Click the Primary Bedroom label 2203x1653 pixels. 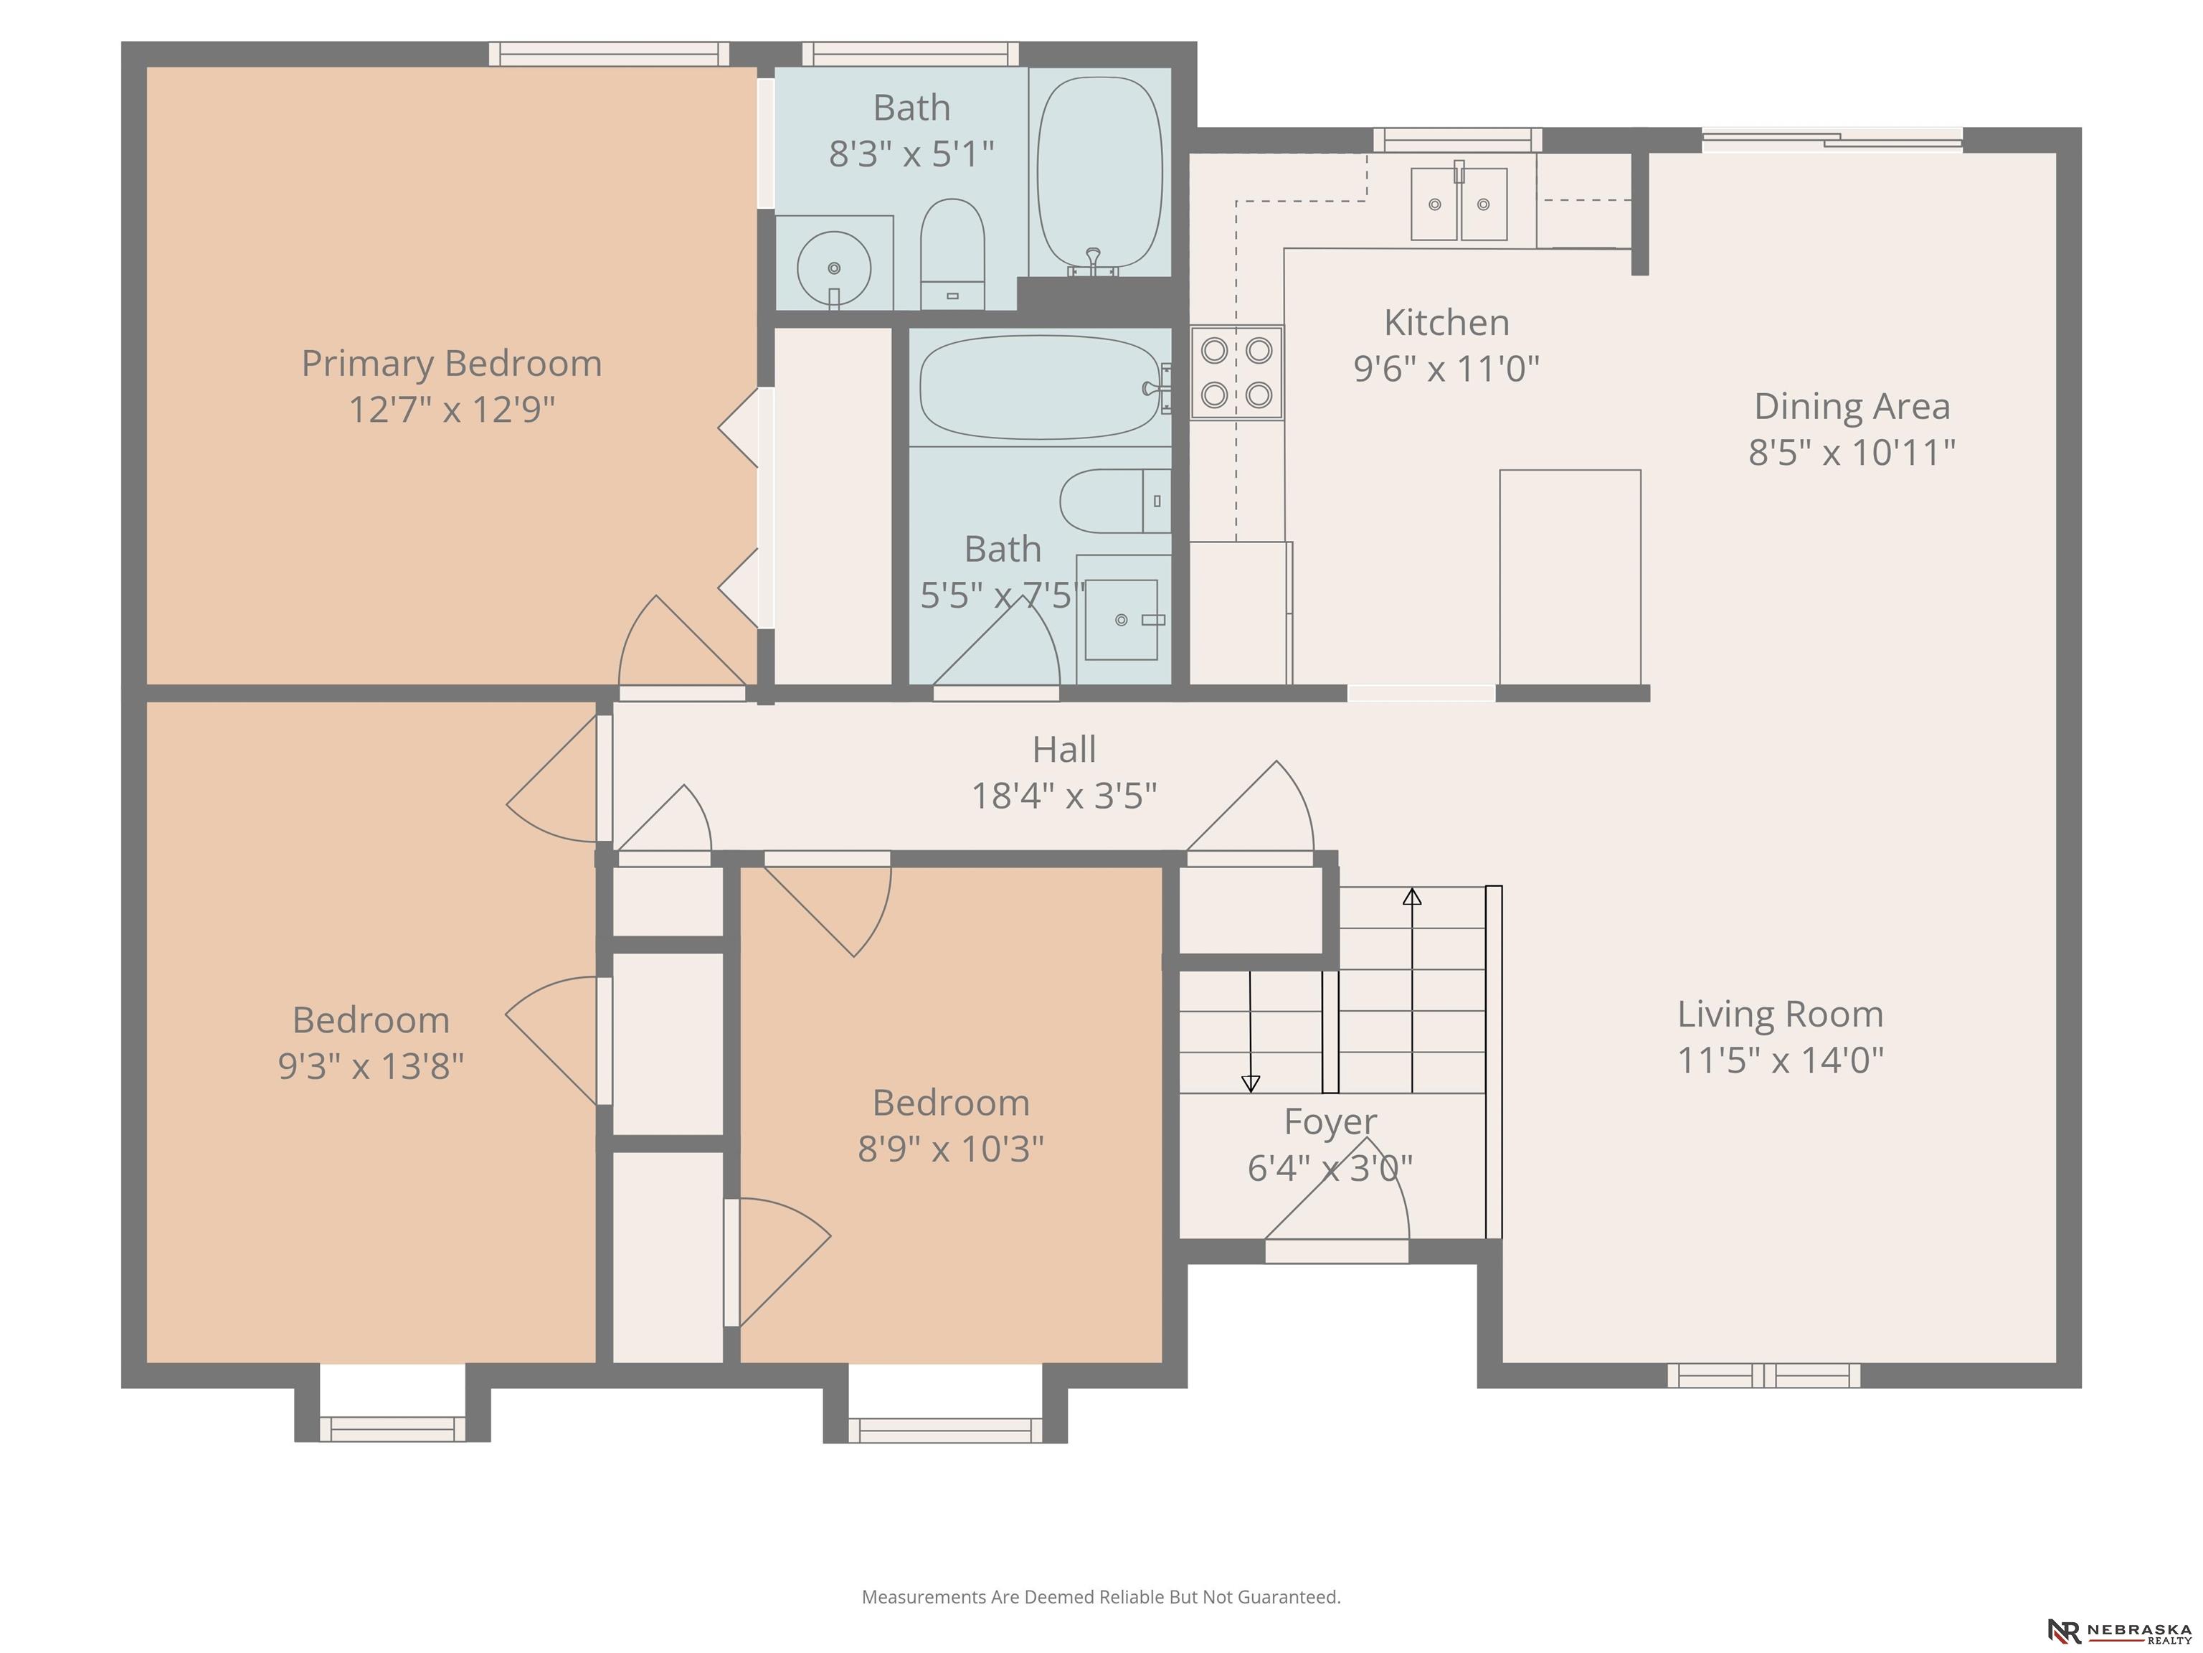[x=451, y=364]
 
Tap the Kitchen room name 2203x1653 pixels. [x=1446, y=323]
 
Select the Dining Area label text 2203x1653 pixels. [x=1852, y=407]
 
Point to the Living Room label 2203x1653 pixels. [x=1780, y=1014]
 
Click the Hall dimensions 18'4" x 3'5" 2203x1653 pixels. [x=1063, y=796]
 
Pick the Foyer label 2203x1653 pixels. [x=1330, y=1122]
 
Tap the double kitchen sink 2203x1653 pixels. [x=1459, y=203]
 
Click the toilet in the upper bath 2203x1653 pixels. [x=952, y=254]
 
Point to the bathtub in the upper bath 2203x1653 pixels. [x=1099, y=174]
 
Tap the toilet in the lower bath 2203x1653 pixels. [x=1115, y=501]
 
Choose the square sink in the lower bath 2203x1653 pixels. [x=1122, y=620]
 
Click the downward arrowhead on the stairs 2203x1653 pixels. [x=1251, y=1083]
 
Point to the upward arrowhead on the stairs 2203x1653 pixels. [x=1412, y=896]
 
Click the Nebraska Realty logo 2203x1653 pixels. [x=2118, y=1631]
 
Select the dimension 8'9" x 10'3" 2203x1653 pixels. [x=950, y=1149]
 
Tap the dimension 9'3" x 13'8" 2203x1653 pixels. [x=371, y=1066]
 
